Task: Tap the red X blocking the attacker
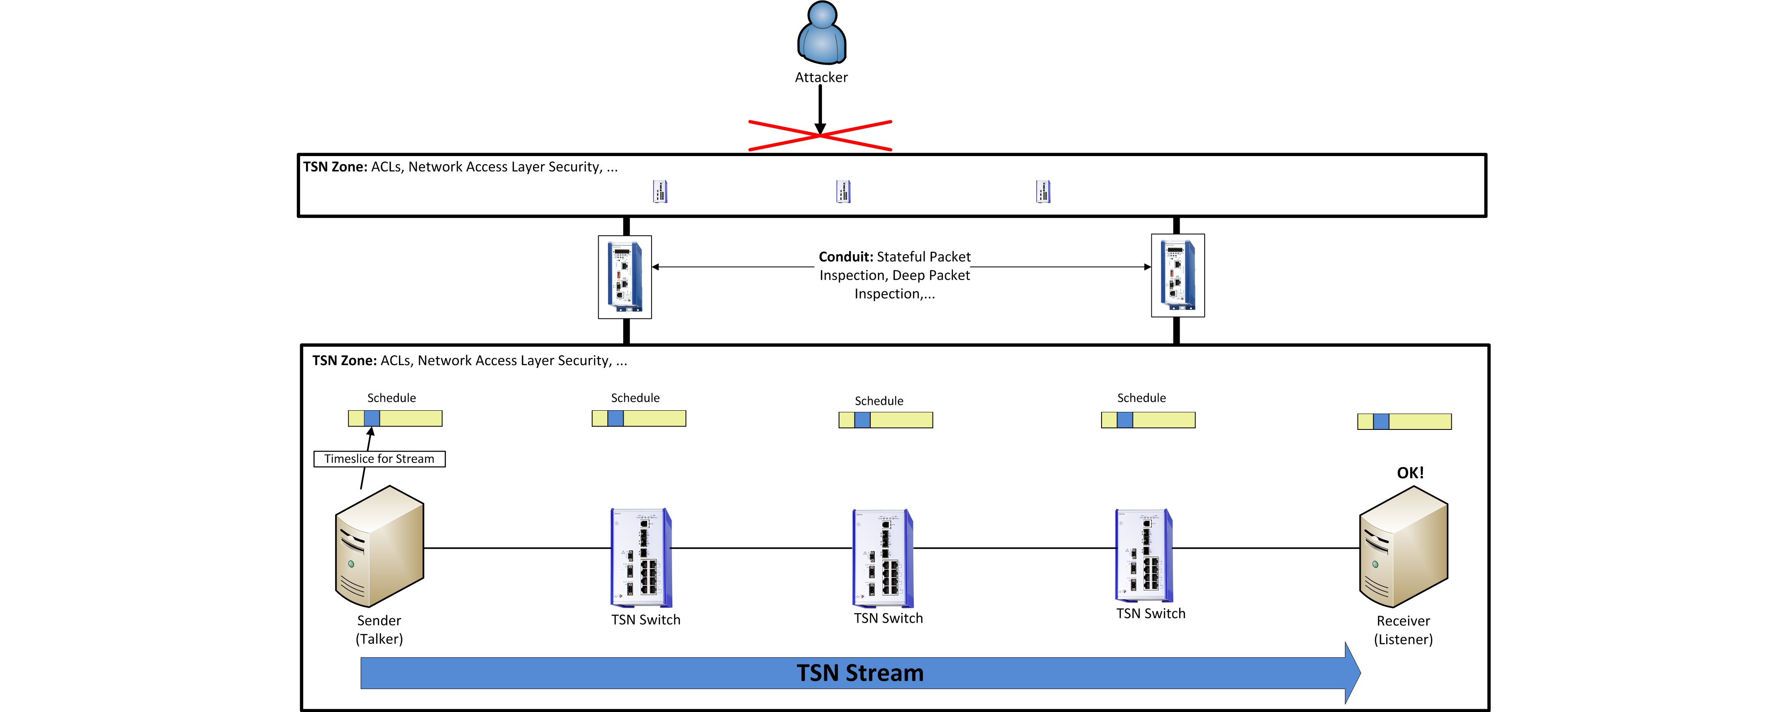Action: pyautogui.click(x=820, y=135)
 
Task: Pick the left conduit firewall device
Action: pyautogui.click(x=625, y=277)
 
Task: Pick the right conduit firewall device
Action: pyautogui.click(x=1177, y=275)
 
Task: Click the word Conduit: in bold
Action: pyautogui.click(x=846, y=257)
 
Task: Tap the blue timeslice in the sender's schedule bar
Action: pyautogui.click(x=372, y=418)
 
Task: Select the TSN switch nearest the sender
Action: pyautogui.click(x=641, y=558)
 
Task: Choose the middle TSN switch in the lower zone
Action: pyautogui.click(x=882, y=558)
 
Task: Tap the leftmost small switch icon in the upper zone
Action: pyautogui.click(x=660, y=191)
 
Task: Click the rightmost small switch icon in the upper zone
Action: pyautogui.click(x=1043, y=191)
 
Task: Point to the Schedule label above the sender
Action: pyautogui.click(x=391, y=398)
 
